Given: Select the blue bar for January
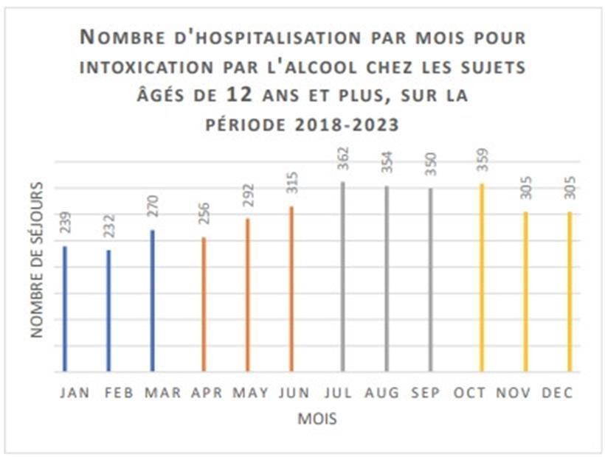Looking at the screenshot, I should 65,310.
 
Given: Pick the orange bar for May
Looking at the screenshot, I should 247,295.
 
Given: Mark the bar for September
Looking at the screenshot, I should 432,280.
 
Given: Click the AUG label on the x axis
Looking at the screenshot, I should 382,393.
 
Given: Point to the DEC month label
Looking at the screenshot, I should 558,393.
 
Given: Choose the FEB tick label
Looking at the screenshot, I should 118,393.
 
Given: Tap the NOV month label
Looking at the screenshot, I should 515,393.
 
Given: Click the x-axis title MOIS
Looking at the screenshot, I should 317,419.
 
